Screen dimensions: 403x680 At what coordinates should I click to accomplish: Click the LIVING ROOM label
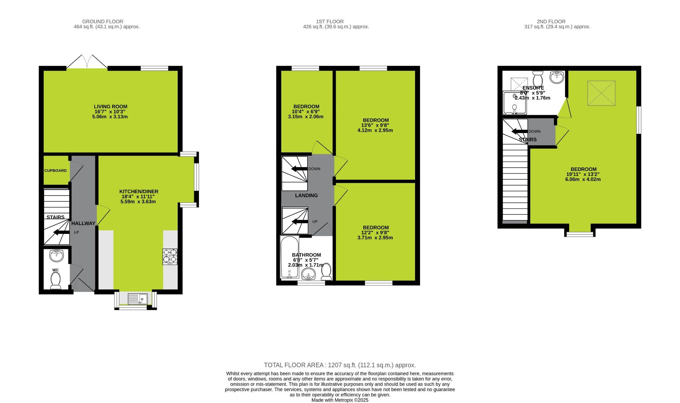click(x=111, y=107)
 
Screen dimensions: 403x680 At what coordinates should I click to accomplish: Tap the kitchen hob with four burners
click(x=170, y=257)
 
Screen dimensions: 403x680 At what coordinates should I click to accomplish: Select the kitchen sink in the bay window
click(x=137, y=299)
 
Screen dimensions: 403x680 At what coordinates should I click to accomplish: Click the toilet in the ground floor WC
click(x=55, y=281)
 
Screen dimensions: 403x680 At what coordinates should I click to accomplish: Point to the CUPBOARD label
click(x=55, y=171)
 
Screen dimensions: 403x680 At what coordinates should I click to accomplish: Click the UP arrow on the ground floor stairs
click(x=61, y=232)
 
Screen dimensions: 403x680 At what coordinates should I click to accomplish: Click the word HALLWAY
click(x=83, y=223)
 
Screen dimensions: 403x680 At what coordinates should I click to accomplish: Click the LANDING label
click(x=306, y=196)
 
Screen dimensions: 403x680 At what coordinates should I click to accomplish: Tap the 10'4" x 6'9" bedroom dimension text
click(x=305, y=112)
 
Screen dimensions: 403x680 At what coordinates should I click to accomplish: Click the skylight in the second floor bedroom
click(x=601, y=93)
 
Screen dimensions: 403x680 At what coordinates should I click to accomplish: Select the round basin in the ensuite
click(x=556, y=77)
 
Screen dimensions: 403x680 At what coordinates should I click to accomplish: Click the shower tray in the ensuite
click(x=514, y=103)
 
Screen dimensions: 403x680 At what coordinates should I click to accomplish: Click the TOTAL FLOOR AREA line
click(x=340, y=365)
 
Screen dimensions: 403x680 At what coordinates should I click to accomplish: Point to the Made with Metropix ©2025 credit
click(x=340, y=400)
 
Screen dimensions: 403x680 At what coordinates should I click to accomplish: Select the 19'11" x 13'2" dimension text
click(x=583, y=174)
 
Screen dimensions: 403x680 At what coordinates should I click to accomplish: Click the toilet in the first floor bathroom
click(x=326, y=272)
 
